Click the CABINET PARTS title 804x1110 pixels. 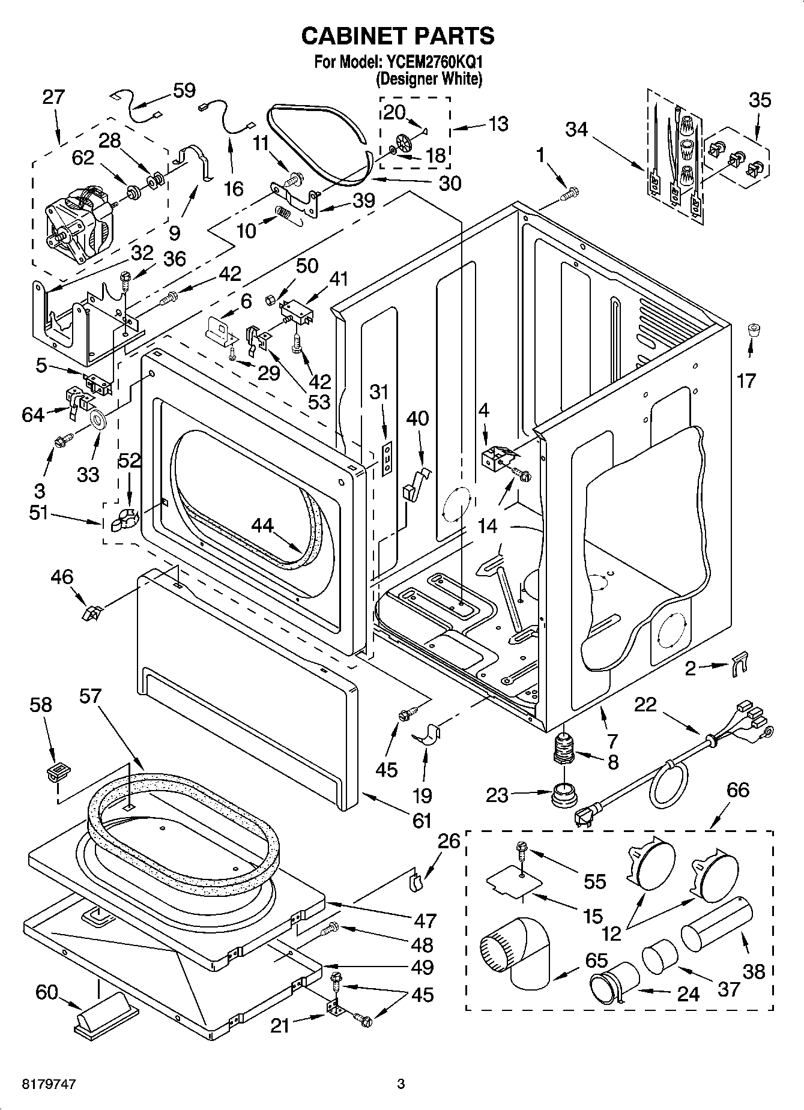(x=397, y=36)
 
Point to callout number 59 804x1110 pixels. (x=184, y=91)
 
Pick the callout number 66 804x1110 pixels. (x=737, y=789)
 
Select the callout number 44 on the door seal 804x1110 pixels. (x=262, y=526)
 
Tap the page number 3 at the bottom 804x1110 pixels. (x=401, y=1084)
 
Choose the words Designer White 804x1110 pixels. (x=429, y=79)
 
